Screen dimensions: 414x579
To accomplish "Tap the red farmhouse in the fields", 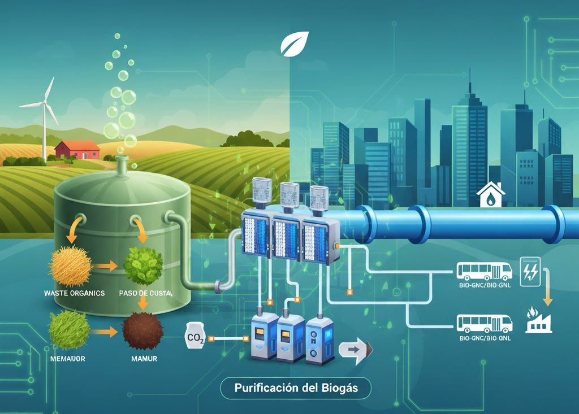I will point(77,150).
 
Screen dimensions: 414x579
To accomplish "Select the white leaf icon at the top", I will point(295,43).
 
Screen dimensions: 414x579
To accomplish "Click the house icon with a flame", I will point(490,195).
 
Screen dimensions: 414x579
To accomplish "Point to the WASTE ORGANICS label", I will point(74,294).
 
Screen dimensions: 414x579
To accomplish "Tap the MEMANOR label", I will point(67,359).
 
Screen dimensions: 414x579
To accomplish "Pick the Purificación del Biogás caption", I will point(296,389).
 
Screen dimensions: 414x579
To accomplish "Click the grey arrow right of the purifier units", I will point(356,350).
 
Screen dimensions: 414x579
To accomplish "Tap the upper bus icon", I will point(483,272).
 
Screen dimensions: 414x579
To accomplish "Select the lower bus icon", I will point(483,323).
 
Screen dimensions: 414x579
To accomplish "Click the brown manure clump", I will point(142,330).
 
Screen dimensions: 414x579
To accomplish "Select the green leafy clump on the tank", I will point(142,264).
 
